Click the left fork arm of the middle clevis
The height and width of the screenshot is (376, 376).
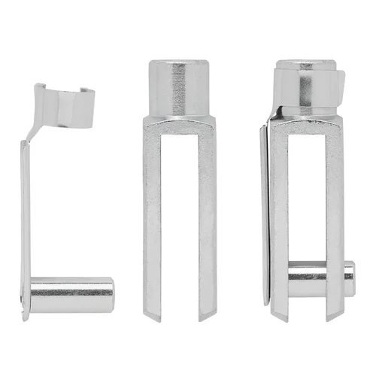coord(153,218)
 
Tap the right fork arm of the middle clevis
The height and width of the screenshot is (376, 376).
coord(206,218)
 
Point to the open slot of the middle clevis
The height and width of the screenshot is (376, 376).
coord(180,226)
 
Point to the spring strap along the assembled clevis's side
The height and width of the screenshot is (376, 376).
coord(265,218)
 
